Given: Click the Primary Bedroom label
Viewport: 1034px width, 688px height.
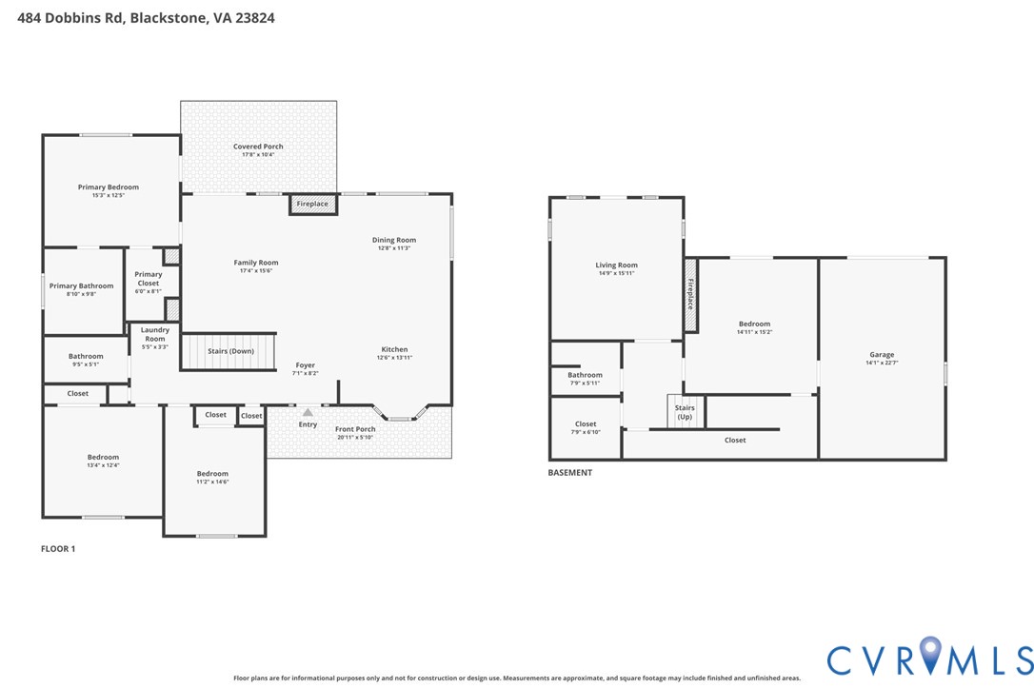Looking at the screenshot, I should coord(109,187).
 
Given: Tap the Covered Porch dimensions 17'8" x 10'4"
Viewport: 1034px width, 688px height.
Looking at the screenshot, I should coord(258,154).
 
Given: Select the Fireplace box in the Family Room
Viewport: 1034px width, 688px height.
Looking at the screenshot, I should coord(312,204).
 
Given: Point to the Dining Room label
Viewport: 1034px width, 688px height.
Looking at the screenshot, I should coord(394,240).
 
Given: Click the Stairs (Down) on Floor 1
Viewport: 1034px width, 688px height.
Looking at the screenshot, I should coord(230,351).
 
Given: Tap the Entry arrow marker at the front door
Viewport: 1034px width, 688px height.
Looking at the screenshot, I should coord(308,413).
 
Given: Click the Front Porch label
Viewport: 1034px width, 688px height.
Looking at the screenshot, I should coord(355,429).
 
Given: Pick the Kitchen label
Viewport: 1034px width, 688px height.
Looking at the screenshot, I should coord(394,349).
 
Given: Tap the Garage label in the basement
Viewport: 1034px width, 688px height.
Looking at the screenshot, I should coord(882,355).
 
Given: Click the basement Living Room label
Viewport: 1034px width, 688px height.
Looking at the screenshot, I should coord(617,265).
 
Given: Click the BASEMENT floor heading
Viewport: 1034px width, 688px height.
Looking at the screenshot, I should coord(570,473).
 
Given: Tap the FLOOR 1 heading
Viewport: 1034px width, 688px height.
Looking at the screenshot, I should coord(58,549).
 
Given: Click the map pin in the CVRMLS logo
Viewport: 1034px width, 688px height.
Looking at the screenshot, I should coord(930,657).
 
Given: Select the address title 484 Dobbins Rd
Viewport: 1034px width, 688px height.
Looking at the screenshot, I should coord(146,17).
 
